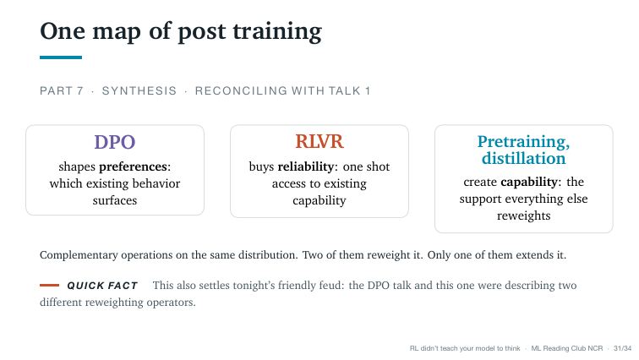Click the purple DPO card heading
pyautogui.click(x=114, y=142)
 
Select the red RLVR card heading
pyautogui.click(x=319, y=141)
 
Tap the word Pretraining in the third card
pyautogui.click(x=523, y=141)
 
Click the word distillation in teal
pyautogui.click(x=524, y=158)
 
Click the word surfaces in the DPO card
pyautogui.click(x=114, y=200)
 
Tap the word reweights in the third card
pyautogui.click(x=524, y=215)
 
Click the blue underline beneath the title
pyautogui.click(x=61, y=57)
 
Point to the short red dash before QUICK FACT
pyautogui.click(x=49, y=285)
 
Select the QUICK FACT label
pyautogui.click(x=102, y=286)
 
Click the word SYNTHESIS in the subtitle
pyautogui.click(x=139, y=90)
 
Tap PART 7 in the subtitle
pyautogui.click(x=62, y=90)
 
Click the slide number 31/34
pyautogui.click(x=622, y=349)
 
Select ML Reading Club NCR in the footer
pyautogui.click(x=567, y=349)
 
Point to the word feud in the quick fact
pyautogui.click(x=331, y=285)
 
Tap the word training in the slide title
pyautogui.click(x=277, y=32)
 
